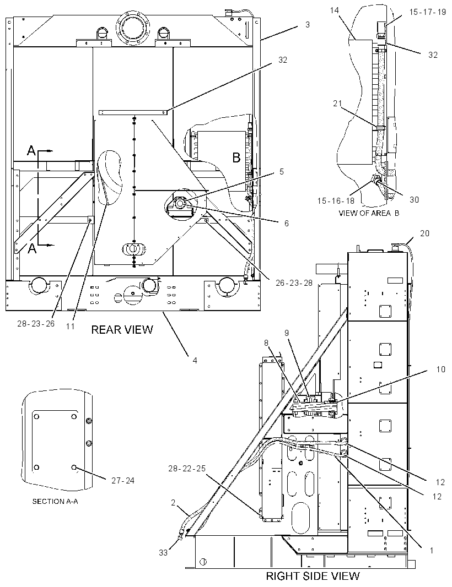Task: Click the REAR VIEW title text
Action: (x=122, y=329)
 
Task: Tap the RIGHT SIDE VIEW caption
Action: (x=313, y=576)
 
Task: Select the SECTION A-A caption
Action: (x=55, y=501)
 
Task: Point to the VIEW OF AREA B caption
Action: (x=369, y=213)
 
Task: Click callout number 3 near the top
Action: (x=308, y=25)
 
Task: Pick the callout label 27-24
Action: (x=122, y=480)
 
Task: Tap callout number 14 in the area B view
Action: (x=335, y=10)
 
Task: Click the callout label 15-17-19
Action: (x=427, y=12)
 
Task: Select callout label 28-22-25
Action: (x=187, y=468)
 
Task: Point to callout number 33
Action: (x=163, y=552)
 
